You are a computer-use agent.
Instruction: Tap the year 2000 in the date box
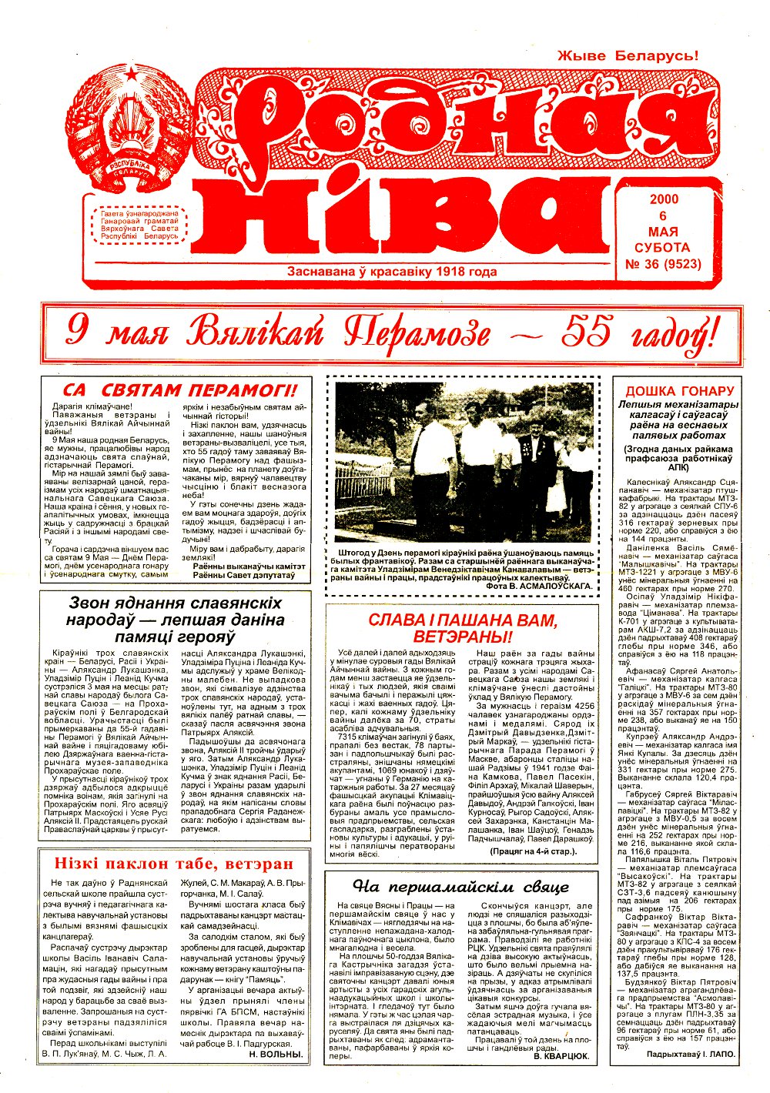[x=663, y=199]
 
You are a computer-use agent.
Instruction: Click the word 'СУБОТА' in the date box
[x=662, y=248]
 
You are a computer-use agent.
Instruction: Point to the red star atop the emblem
[x=132, y=75]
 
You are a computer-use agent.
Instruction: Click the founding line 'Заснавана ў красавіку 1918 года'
[x=391, y=272]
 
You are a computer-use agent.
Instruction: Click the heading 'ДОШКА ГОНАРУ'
[x=679, y=391]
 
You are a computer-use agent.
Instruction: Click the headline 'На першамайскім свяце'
[x=460, y=886]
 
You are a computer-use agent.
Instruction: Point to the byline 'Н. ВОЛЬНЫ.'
[x=276, y=1054]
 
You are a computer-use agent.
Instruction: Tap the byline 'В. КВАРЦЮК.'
[x=561, y=1057]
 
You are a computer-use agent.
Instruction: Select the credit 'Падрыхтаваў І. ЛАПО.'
[x=691, y=1053]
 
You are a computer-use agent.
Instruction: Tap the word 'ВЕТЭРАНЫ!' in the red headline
[x=462, y=637]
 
